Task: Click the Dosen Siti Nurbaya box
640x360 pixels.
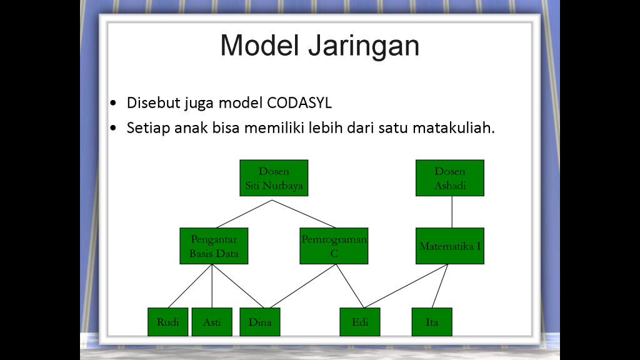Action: [274, 178]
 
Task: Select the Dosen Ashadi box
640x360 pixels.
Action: [450, 178]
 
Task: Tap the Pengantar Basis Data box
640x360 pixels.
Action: [214, 246]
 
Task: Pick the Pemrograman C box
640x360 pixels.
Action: [334, 246]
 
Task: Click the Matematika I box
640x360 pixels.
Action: [450, 246]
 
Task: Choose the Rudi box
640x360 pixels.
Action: [167, 322]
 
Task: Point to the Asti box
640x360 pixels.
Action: [212, 322]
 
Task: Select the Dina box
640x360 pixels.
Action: [260, 322]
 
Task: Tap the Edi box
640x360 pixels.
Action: [360, 322]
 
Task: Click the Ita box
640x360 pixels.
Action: [432, 322]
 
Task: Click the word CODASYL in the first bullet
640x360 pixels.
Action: [299, 103]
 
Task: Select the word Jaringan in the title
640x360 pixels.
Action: [364, 46]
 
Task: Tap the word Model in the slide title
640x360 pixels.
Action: [259, 45]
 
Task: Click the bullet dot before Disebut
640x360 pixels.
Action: [113, 103]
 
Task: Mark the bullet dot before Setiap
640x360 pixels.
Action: [113, 128]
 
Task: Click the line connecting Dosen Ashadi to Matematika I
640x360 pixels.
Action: [452, 212]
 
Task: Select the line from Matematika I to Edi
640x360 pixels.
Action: [406, 286]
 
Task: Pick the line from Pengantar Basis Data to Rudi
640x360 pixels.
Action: [190, 286]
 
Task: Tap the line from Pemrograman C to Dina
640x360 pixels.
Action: [302, 286]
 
